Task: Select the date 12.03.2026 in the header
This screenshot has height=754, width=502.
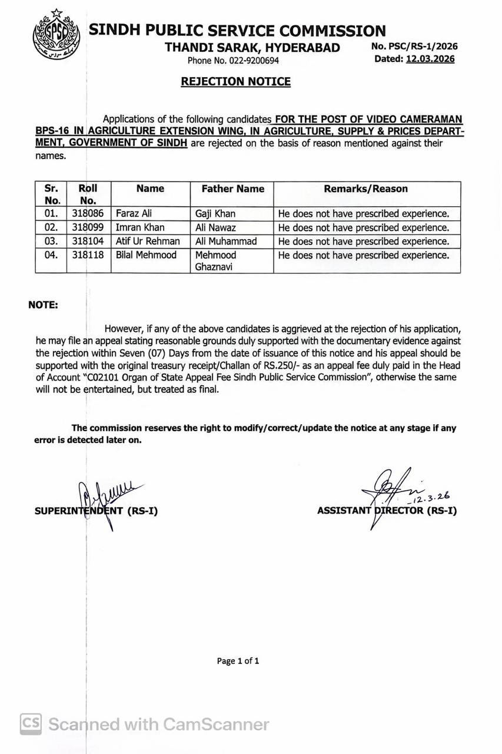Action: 430,59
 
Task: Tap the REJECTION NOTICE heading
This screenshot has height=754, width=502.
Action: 235,82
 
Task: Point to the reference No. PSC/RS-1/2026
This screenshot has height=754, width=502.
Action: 414,47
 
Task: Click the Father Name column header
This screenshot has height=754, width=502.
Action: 233,189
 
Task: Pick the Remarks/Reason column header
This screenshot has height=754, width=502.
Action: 365,189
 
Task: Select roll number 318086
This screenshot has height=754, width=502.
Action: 88,213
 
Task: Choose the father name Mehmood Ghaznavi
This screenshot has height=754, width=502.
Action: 215,260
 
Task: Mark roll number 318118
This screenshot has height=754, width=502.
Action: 88,255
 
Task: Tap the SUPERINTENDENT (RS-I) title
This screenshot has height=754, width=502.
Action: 96,511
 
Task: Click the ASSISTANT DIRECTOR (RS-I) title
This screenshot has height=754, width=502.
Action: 387,511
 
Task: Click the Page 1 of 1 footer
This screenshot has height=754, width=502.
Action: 238,661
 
